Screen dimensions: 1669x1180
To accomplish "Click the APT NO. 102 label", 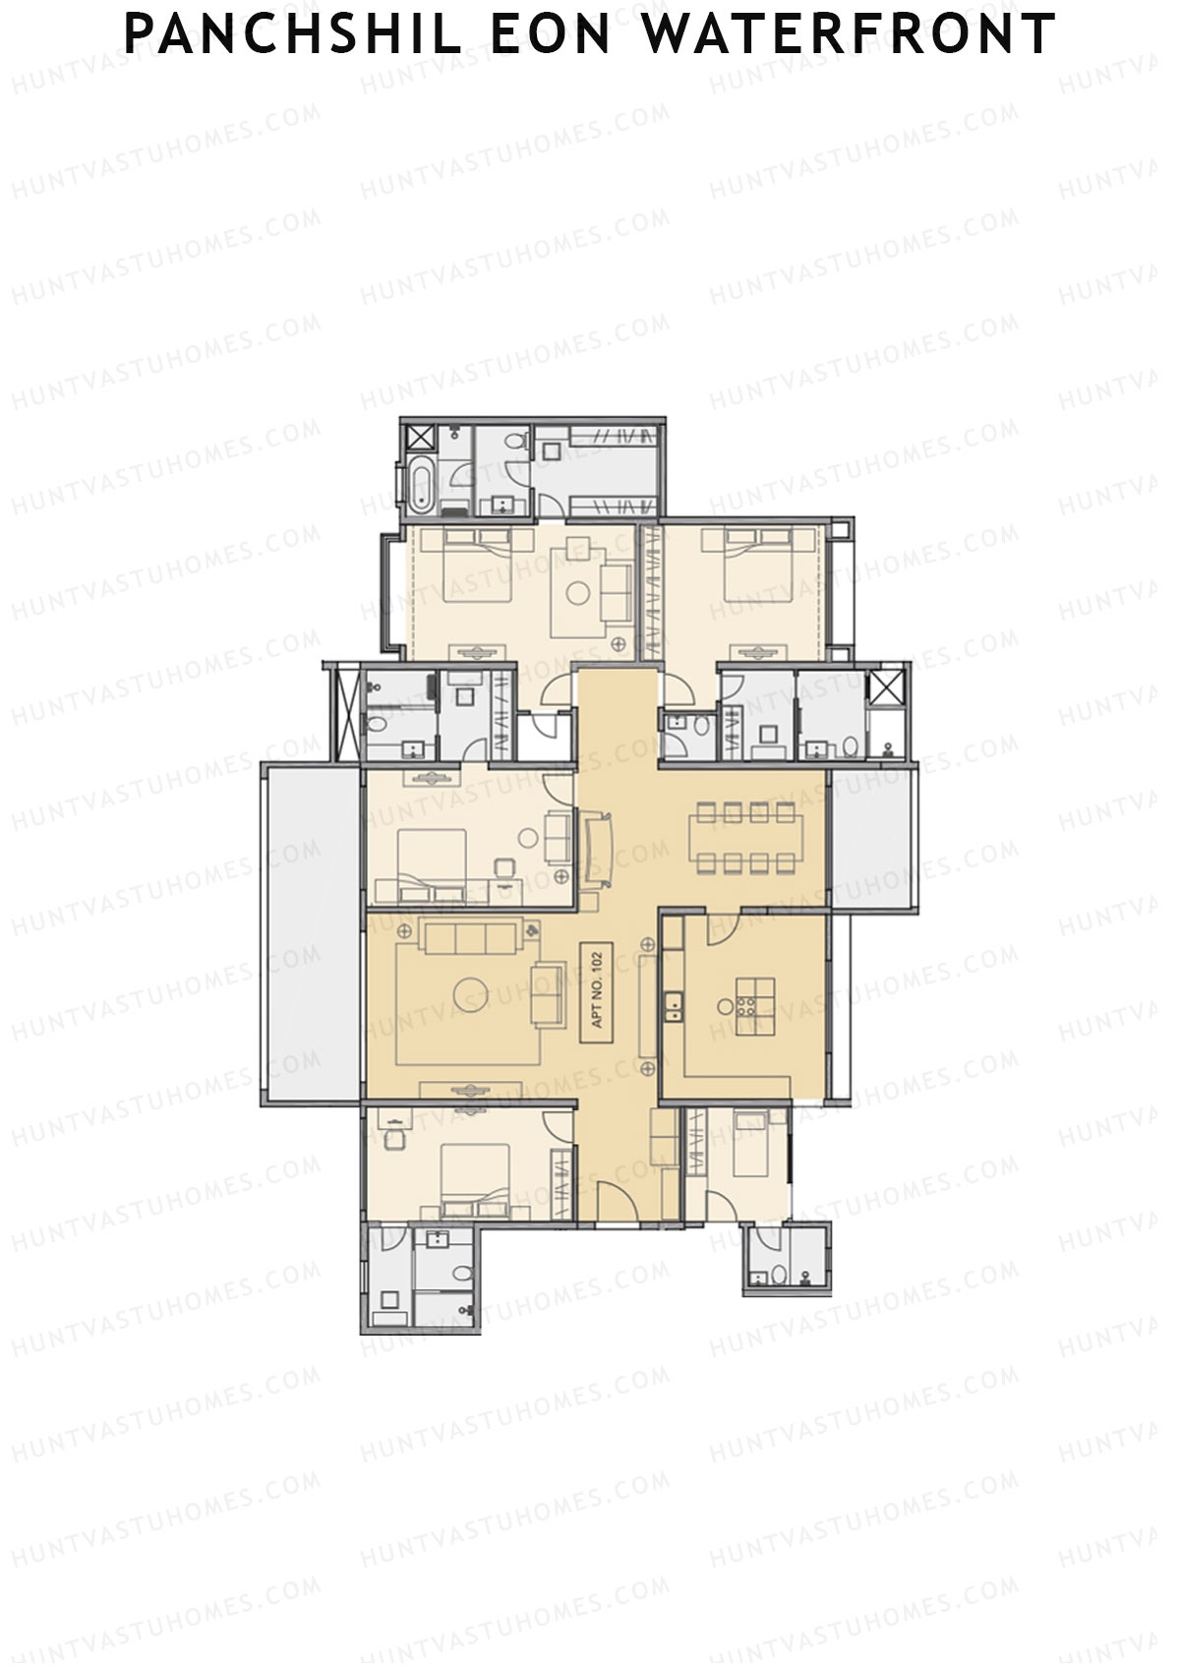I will [596, 986].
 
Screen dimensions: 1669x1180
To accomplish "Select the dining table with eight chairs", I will [745, 836].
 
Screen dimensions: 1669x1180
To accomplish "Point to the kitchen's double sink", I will [675, 1005].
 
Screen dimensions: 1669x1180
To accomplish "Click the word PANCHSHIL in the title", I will [292, 33].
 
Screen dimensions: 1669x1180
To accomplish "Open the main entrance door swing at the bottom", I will [619, 1205].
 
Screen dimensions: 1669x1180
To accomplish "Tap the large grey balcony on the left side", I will [313, 934].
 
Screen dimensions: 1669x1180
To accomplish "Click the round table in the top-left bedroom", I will [578, 592].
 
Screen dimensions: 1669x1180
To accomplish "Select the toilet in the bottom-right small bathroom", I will [778, 1276].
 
